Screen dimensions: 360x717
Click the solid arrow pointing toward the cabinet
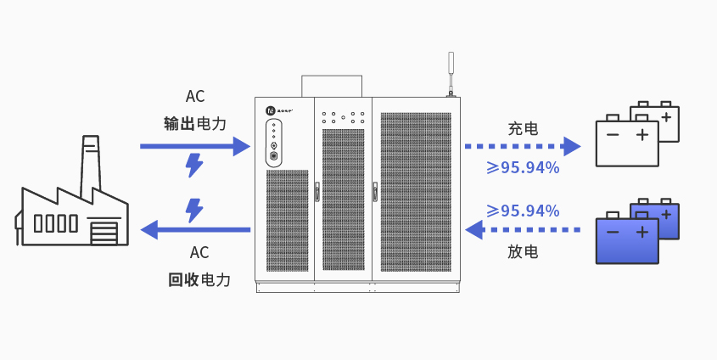point(194,146)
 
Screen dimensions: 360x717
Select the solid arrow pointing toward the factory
point(194,228)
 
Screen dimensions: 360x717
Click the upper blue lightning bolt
point(194,165)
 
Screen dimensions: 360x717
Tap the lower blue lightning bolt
point(194,210)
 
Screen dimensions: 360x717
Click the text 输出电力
point(195,124)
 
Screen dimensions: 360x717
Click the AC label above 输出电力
point(195,97)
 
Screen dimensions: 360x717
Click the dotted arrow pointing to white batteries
point(522,146)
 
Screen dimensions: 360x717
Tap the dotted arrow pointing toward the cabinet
point(522,228)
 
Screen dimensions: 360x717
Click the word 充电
point(523,129)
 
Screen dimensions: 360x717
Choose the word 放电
point(523,252)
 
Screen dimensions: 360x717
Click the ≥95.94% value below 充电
point(523,167)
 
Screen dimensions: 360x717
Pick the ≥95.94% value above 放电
point(523,210)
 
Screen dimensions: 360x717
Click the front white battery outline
point(626,143)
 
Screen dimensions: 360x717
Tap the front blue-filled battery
point(626,239)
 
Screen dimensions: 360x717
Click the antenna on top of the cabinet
point(451,72)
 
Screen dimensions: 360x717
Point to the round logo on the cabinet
point(270,110)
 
